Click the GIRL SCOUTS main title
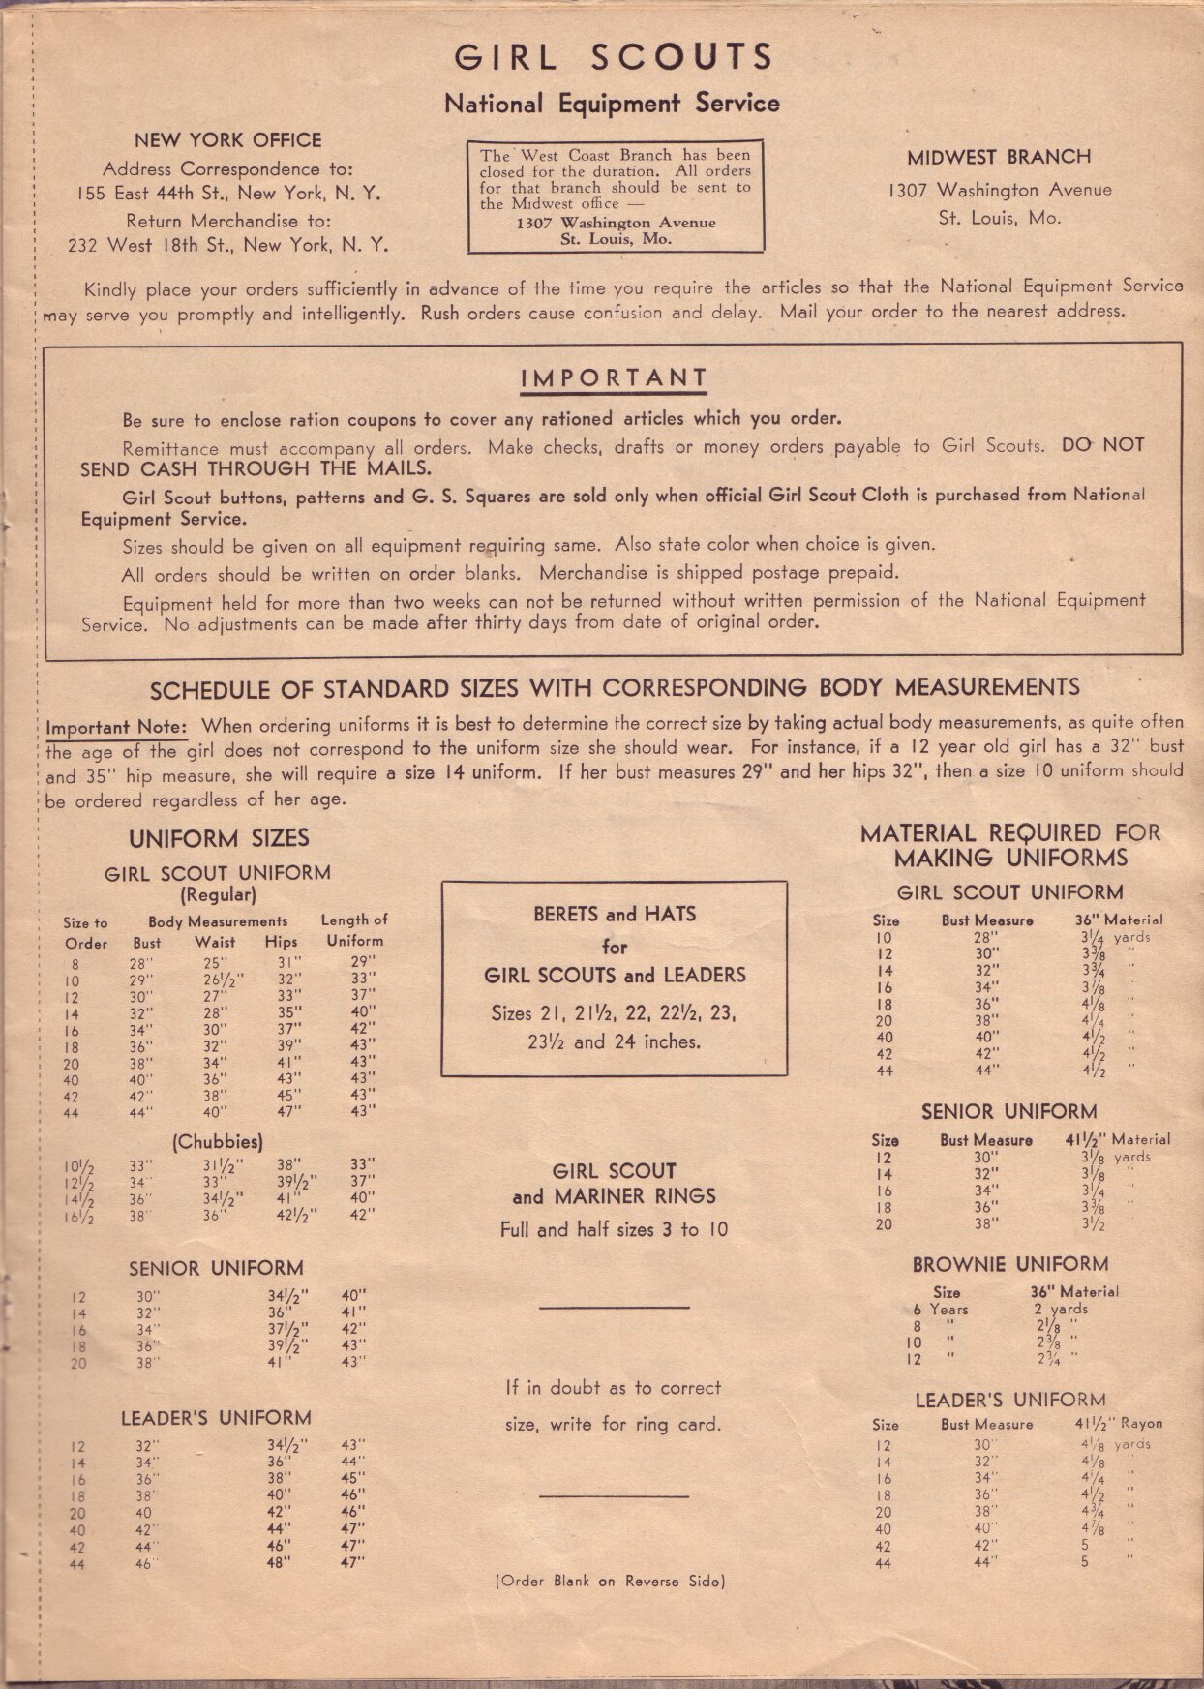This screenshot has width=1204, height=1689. [614, 57]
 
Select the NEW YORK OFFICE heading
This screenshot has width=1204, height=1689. [227, 140]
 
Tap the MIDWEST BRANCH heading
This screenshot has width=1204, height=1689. [999, 157]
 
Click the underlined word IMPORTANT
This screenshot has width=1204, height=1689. [614, 378]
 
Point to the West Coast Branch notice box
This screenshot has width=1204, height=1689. [614, 196]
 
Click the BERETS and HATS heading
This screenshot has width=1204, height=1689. [614, 914]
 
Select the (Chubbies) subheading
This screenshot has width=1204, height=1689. [216, 1142]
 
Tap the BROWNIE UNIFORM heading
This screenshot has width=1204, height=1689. [1009, 1264]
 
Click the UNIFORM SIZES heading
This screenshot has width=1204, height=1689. [219, 838]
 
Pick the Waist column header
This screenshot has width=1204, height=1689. [215, 942]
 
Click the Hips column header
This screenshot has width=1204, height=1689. [281, 942]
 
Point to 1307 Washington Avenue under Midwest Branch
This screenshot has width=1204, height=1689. [999, 191]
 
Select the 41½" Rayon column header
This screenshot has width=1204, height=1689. [1118, 1424]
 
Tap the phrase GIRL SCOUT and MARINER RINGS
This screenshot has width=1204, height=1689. [614, 1184]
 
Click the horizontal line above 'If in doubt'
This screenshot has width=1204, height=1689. [614, 1308]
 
